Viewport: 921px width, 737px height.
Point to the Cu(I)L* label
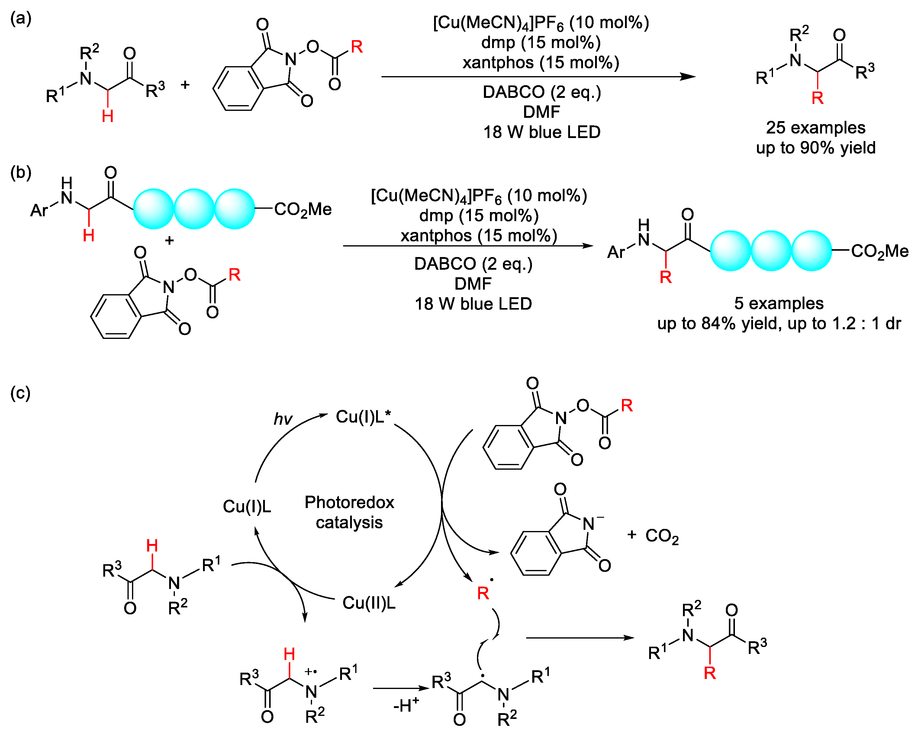(x=363, y=417)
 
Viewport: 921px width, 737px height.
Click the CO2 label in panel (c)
(x=662, y=536)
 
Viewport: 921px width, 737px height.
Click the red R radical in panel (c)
(x=483, y=593)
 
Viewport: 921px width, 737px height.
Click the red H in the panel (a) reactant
(x=108, y=116)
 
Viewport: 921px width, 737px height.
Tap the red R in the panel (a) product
(x=817, y=98)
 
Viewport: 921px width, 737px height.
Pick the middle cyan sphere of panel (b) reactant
(x=194, y=209)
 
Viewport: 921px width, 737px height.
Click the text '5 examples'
(x=779, y=303)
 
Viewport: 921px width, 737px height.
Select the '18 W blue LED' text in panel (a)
(x=542, y=132)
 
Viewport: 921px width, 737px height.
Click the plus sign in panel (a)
(x=185, y=85)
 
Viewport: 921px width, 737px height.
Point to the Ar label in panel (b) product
(x=616, y=252)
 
